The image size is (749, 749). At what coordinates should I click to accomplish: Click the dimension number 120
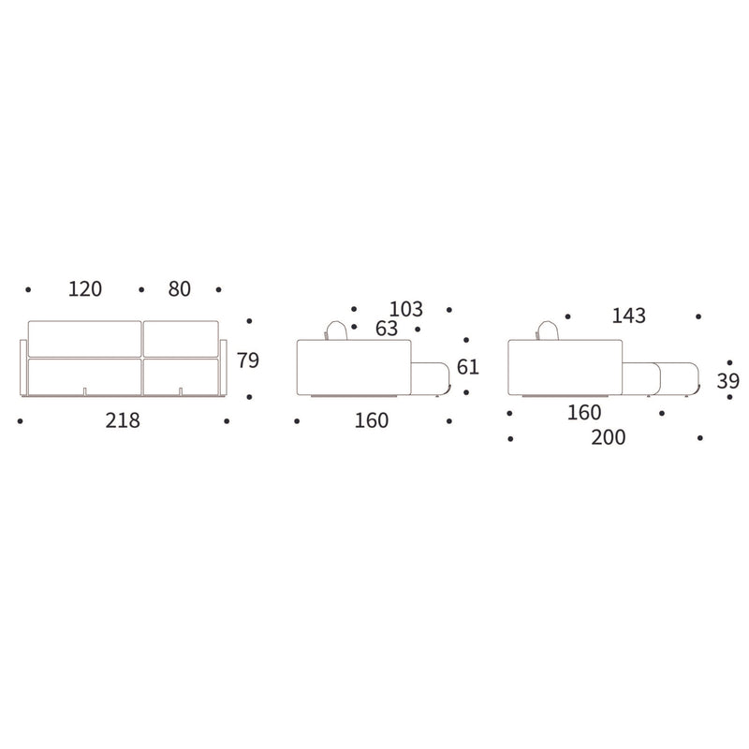coord(85,289)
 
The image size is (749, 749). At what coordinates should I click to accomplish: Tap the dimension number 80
coord(179,289)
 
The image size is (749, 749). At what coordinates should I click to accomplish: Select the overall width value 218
coord(123,420)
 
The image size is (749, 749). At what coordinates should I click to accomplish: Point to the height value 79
coord(248,360)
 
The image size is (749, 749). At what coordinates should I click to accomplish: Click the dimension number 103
coord(406,309)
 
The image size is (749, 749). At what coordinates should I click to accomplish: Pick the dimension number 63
coord(387,329)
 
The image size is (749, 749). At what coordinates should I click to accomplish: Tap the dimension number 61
coord(467,367)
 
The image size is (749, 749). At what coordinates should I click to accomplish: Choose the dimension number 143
coord(628,316)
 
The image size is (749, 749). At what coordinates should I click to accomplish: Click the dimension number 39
coord(728,381)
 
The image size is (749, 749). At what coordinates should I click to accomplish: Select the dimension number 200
coord(608,437)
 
